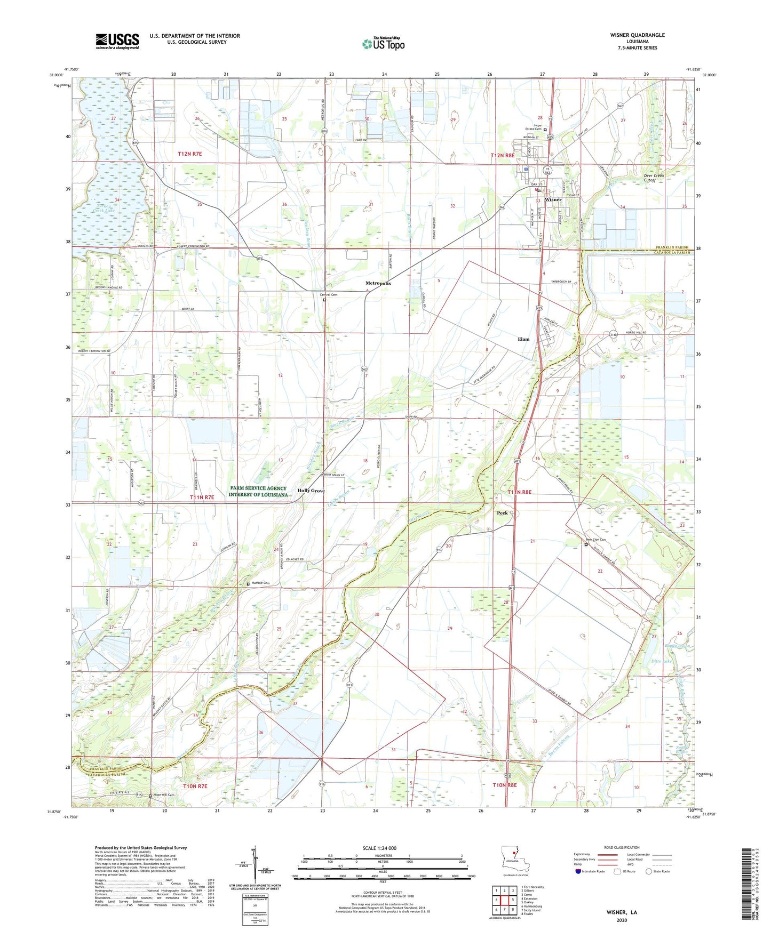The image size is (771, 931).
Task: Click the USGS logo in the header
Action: coord(117,41)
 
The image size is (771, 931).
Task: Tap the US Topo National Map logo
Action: coord(383,44)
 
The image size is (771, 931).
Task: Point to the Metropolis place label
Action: coord(378,283)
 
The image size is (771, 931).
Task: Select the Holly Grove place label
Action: coord(311,491)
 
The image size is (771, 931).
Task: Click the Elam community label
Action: coord(523,339)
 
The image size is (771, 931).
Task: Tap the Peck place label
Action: coord(502,513)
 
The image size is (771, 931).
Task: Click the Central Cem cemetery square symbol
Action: coord(324,300)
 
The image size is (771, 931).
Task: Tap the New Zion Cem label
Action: coord(596,540)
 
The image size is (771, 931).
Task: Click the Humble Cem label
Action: coord(261,583)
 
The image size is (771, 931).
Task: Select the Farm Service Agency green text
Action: coord(258,491)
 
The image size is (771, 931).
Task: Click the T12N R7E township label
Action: coord(190,154)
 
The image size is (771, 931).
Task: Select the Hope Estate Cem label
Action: coord(534,127)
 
